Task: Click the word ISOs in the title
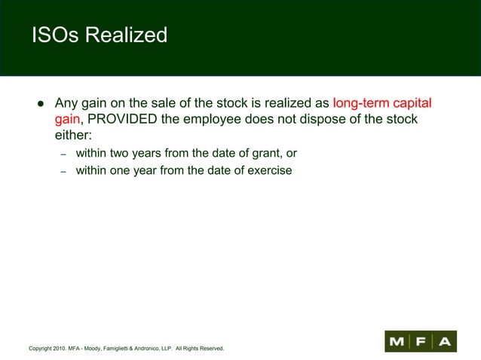coord(56,35)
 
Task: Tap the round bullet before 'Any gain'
coord(35,104)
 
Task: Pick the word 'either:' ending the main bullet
coord(73,137)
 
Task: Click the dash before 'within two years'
coord(64,154)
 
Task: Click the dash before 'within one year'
coord(64,171)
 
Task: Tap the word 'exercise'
coord(268,170)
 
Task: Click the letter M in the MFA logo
coord(397,341)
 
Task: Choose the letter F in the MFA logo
coord(421,341)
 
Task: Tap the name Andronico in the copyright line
coord(147,349)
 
